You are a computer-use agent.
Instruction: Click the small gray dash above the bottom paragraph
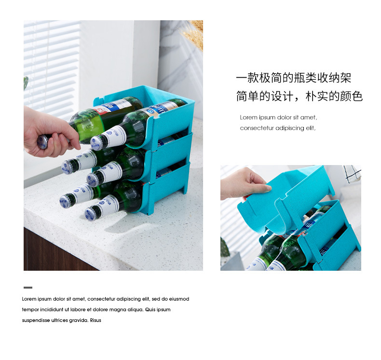coord(28,288)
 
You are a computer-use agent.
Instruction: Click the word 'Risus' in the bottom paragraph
coord(95,320)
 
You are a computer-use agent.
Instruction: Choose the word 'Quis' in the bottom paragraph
coord(150,309)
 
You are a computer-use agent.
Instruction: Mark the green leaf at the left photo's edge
coord(26,83)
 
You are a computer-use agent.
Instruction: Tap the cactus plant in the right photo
coord(225,248)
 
